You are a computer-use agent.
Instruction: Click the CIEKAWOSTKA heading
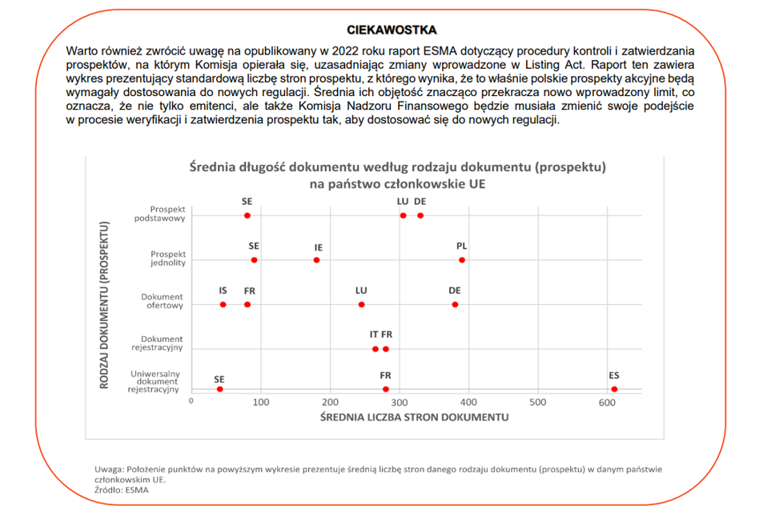click(x=392, y=30)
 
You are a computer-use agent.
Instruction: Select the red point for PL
click(x=462, y=260)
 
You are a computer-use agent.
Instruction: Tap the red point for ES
click(x=614, y=389)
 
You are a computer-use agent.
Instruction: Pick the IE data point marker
click(x=316, y=260)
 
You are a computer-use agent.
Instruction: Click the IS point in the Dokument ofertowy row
click(x=223, y=304)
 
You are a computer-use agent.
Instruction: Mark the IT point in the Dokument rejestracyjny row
click(x=375, y=349)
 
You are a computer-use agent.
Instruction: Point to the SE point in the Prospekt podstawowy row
click(x=247, y=215)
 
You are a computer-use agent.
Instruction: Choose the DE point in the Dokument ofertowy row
click(x=455, y=304)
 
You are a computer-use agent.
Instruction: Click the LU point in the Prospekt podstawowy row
click(x=404, y=215)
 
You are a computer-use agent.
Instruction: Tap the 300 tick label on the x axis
click(x=400, y=403)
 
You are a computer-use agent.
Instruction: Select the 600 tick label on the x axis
click(x=607, y=403)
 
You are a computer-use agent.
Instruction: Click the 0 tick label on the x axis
click(x=191, y=401)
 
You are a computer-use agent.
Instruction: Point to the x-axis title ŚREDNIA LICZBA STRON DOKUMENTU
click(x=415, y=417)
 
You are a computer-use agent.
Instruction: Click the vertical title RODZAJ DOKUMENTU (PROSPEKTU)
click(x=104, y=305)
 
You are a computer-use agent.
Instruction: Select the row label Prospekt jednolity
click(x=168, y=258)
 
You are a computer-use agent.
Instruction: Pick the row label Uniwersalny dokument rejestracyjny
click(x=154, y=382)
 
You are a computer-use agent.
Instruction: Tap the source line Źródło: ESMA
click(x=122, y=490)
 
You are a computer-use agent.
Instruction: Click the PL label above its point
click(x=462, y=246)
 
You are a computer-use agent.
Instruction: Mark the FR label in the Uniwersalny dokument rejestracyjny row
click(x=385, y=375)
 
